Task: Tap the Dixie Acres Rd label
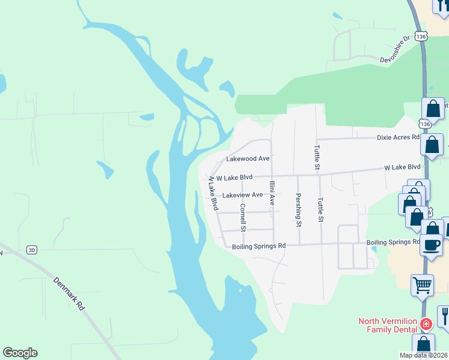click(398, 137)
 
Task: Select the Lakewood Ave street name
click(247, 159)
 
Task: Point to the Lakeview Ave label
click(243, 195)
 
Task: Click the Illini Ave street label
click(272, 193)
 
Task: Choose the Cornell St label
click(243, 217)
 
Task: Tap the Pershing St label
click(298, 210)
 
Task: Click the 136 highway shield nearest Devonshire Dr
click(424, 36)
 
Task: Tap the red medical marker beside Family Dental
click(426, 324)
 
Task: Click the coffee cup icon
click(432, 245)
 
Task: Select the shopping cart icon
click(422, 284)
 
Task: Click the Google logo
click(20, 353)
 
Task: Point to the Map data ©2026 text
click(424, 355)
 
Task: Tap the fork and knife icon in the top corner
click(442, 7)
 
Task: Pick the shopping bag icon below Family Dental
click(424, 346)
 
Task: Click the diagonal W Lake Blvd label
click(213, 193)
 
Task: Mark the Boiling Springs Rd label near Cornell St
click(259, 246)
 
